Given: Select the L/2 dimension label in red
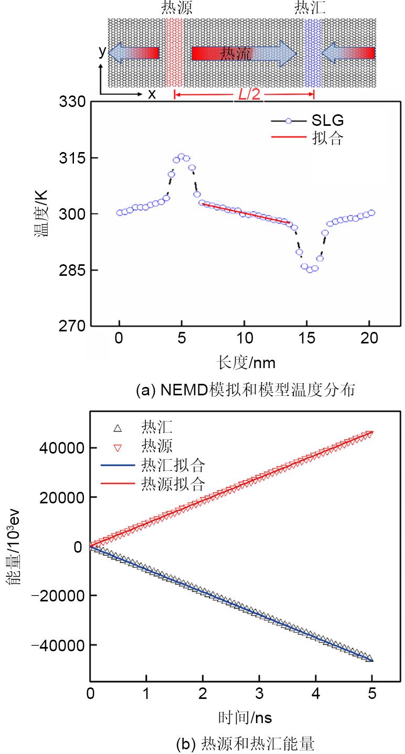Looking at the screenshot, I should pyautogui.click(x=248, y=94).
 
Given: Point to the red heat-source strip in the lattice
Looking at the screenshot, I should pyautogui.click(x=174, y=52).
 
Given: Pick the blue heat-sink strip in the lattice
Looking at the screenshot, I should pyautogui.click(x=313, y=52).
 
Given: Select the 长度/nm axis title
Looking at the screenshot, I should pyautogui.click(x=246, y=361).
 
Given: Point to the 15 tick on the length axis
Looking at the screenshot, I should pyautogui.click(x=307, y=339).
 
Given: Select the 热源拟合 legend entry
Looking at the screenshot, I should pyautogui.click(x=173, y=483).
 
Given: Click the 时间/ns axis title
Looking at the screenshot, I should pyautogui.click(x=245, y=716).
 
